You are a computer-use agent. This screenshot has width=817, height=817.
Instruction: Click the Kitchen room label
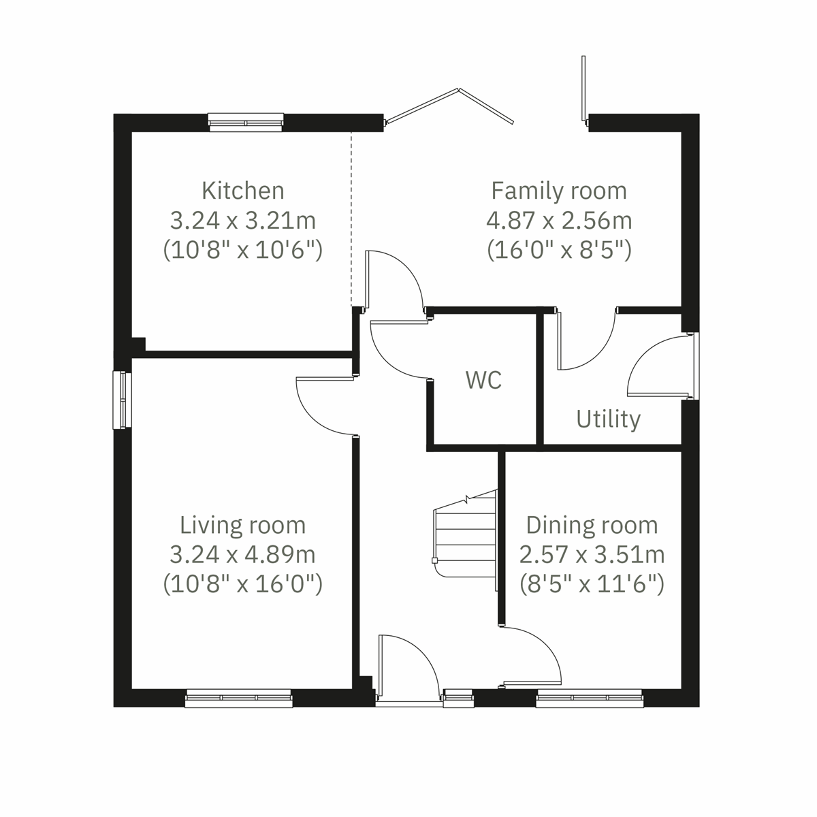(242, 190)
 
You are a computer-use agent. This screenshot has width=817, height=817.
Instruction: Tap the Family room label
(558, 190)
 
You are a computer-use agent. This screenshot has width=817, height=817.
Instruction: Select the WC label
(483, 380)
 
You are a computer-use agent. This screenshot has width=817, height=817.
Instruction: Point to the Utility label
(608, 419)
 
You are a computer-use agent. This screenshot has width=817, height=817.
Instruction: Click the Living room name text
(242, 525)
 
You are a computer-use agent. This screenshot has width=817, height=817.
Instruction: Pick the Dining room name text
(592, 525)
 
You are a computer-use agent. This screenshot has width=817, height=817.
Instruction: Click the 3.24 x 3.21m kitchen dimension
(242, 221)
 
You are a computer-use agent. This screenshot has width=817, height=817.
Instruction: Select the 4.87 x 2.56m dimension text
(558, 221)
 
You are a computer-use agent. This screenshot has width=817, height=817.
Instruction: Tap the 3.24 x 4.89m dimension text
(242, 555)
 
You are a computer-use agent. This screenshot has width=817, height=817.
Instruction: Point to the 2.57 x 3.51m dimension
(592, 555)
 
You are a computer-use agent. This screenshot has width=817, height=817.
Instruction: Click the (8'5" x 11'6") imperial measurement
(592, 584)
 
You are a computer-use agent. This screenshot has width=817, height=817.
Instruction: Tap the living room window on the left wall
(122, 400)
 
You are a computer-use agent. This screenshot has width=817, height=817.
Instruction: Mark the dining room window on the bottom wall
(589, 697)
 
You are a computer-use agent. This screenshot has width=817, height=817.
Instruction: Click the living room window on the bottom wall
(238, 697)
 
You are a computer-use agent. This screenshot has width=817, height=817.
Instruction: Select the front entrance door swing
(407, 667)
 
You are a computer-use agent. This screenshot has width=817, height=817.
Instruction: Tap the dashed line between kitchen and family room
(351, 218)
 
